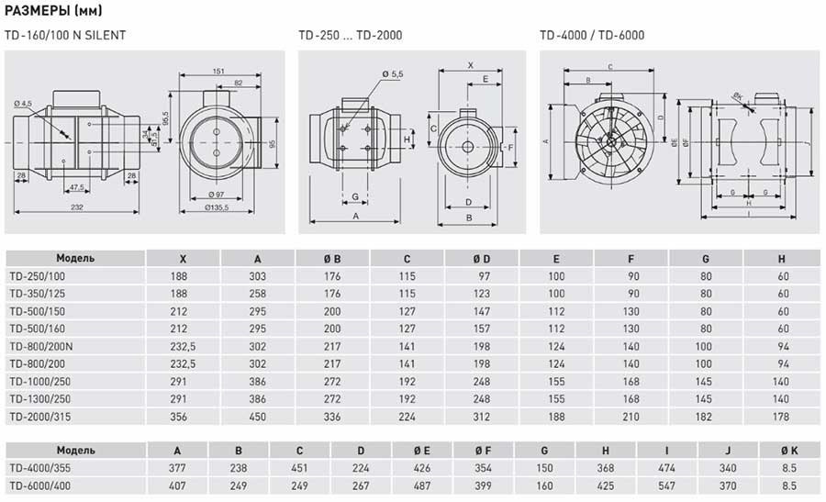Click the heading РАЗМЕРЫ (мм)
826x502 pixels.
[54, 11]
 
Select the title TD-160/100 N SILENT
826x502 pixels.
[65, 36]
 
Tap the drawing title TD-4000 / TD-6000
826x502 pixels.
[591, 36]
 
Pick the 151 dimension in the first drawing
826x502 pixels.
[218, 71]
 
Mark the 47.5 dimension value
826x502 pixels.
[78, 187]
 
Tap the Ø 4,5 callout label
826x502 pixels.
[23, 103]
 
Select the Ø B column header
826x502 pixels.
[331, 259]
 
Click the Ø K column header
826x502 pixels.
[789, 451]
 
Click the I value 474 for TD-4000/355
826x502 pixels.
[667, 467]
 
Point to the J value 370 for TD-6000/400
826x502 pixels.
[729, 485]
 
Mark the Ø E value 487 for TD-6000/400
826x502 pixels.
[422, 485]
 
